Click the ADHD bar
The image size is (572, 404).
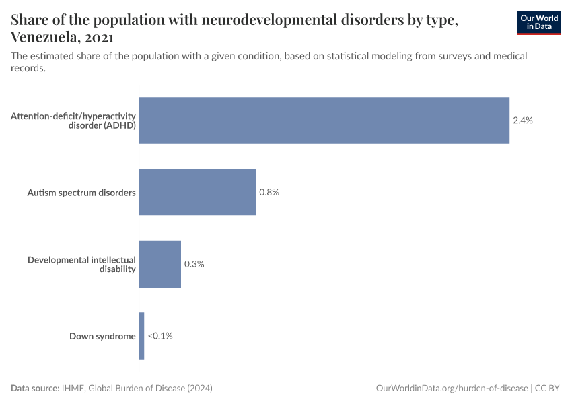(324, 121)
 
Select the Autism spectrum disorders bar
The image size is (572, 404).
(197, 192)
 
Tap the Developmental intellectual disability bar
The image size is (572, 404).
(160, 264)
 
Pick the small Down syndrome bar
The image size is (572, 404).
(141, 336)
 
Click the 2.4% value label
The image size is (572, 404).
(523, 121)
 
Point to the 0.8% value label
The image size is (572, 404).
(269, 192)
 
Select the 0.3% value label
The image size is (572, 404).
(194, 264)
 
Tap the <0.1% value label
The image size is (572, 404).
(160, 336)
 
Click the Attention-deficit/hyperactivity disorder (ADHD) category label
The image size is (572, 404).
(73, 121)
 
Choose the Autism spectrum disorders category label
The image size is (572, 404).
(81, 193)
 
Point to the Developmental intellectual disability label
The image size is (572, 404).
(81, 264)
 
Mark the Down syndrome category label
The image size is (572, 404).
(102, 336)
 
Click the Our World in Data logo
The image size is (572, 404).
(539, 22)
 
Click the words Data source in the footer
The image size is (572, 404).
(34, 389)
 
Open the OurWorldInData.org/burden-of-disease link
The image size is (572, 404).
(452, 389)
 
